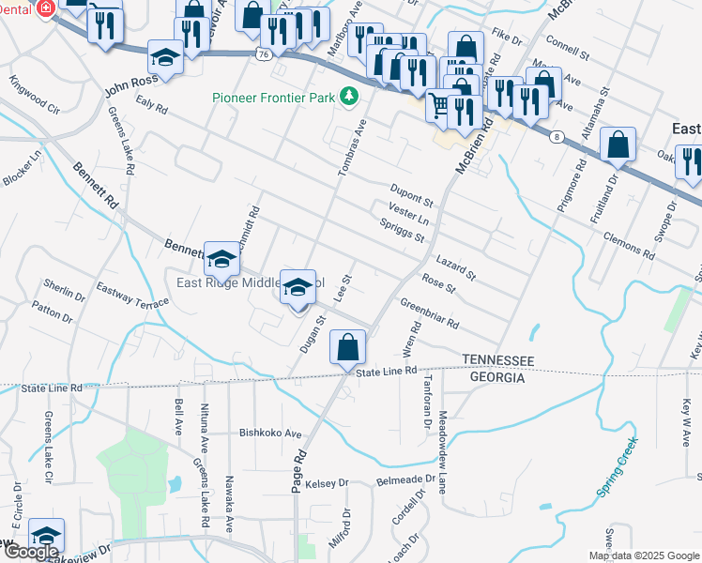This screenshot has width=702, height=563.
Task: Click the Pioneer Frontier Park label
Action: click(x=274, y=96)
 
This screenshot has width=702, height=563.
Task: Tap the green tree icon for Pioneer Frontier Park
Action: click(x=349, y=95)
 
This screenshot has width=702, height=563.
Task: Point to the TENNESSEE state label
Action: click(x=497, y=360)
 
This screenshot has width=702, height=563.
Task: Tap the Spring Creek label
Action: click(x=617, y=466)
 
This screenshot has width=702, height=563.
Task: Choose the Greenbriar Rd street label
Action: click(x=429, y=313)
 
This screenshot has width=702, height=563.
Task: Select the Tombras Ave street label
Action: click(x=351, y=148)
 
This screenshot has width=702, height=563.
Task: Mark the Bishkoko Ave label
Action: click(x=270, y=434)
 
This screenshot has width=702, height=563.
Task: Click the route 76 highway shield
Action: click(x=262, y=55)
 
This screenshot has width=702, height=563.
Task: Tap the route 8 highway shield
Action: click(x=557, y=137)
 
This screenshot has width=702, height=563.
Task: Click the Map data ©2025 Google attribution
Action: click(x=645, y=555)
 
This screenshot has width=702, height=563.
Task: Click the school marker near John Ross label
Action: click(x=165, y=59)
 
